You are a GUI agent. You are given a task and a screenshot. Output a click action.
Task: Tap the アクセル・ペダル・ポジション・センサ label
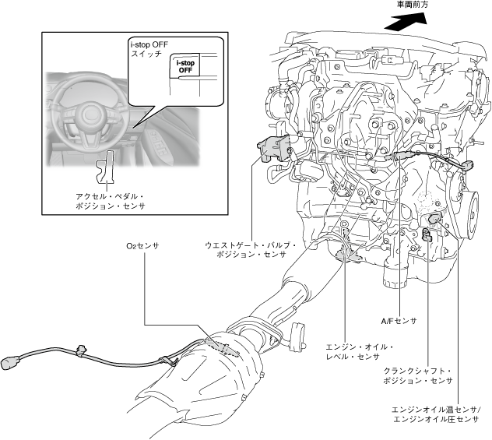pos(107,201)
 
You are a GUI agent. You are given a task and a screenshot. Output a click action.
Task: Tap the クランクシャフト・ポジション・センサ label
pos(418,375)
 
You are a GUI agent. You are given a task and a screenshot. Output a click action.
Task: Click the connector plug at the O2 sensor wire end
pos(12,361)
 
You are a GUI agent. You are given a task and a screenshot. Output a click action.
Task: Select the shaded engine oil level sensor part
pos(348,254)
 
